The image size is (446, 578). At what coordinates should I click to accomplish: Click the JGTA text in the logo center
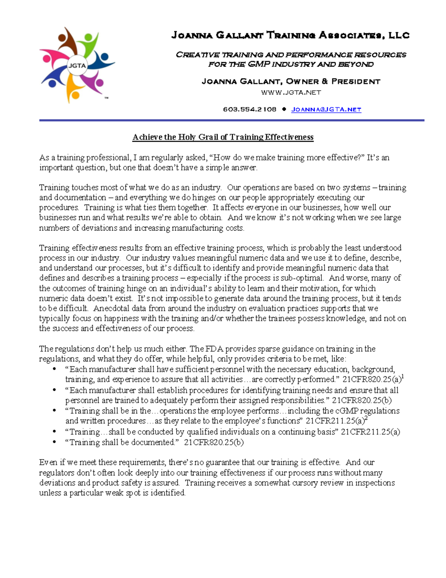77,66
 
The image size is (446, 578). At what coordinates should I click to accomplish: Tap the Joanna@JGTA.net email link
326,109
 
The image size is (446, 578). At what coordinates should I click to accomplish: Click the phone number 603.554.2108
249,109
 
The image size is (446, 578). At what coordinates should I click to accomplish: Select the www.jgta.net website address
291,92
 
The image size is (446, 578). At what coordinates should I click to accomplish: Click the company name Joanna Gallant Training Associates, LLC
290,35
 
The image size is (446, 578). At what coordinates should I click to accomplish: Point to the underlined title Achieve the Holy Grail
223,137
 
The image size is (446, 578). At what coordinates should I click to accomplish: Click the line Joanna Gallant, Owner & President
291,82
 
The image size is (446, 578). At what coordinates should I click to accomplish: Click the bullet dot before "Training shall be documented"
55,442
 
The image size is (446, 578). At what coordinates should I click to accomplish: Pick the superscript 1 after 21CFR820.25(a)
403,377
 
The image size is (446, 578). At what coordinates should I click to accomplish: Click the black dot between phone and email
284,109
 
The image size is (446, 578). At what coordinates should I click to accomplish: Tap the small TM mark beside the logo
106,98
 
